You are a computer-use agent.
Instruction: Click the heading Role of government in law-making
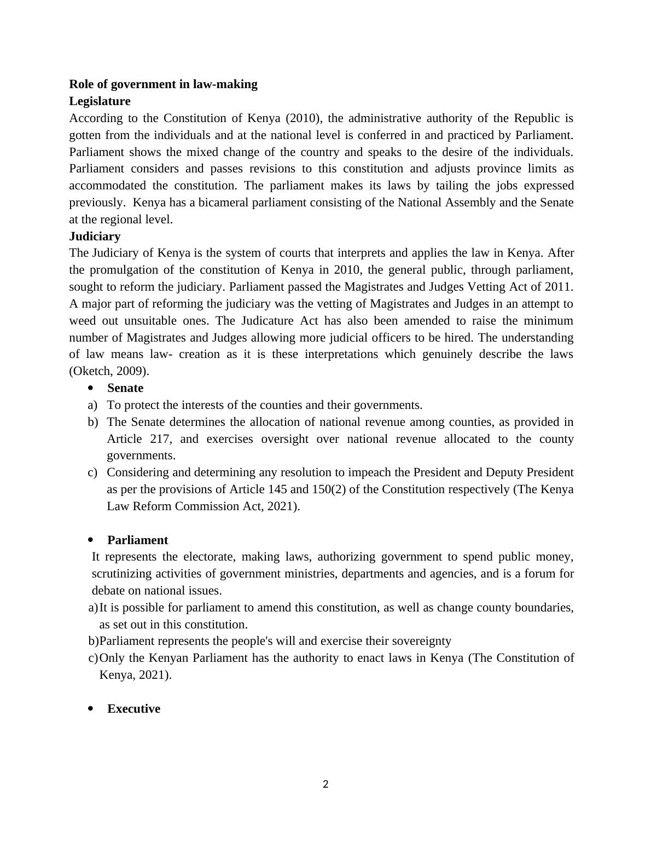pos(163,84)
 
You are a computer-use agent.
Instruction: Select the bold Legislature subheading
pos(100,101)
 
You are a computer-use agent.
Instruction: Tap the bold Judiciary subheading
pos(95,236)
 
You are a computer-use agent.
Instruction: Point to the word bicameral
pos(223,203)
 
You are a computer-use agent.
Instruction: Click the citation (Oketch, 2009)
pos(109,371)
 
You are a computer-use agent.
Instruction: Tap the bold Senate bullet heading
pos(125,388)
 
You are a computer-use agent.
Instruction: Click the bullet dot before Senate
pos(91,388)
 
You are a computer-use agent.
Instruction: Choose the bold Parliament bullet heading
pos(138,540)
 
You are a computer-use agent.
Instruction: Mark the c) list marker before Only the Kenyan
pos(93,658)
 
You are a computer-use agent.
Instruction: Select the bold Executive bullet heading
pos(134,709)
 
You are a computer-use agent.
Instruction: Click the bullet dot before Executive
pos(91,709)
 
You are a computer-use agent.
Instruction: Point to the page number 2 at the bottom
pos(326,784)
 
